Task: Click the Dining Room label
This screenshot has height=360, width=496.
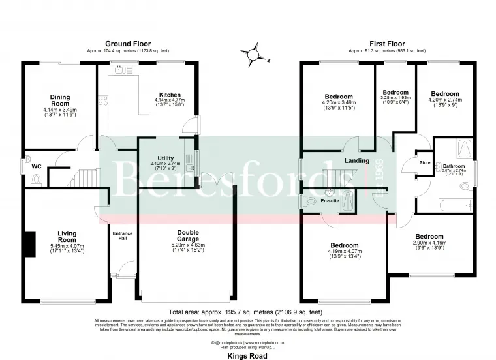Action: tap(59, 100)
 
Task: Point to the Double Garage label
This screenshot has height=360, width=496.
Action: tap(188, 235)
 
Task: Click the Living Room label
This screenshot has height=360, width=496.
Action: tap(67, 236)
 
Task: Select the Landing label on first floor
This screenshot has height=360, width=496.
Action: tap(356, 161)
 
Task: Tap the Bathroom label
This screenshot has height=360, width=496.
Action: tap(454, 166)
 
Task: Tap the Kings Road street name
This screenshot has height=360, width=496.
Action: tap(247, 356)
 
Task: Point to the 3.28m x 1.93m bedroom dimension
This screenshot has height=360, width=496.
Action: tap(395, 101)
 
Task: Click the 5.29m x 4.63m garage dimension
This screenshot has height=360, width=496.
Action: tap(188, 245)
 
